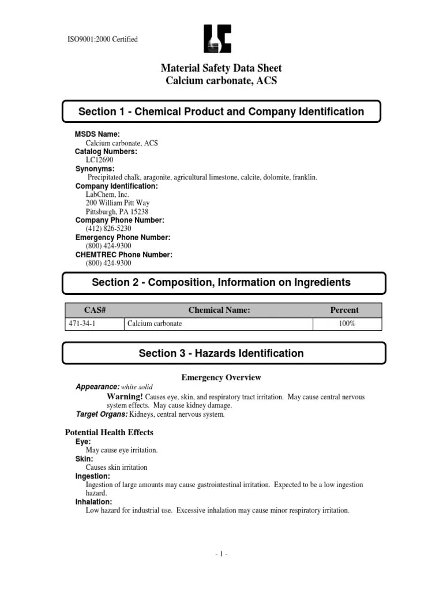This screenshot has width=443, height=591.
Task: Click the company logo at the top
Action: pyautogui.click(x=217, y=39)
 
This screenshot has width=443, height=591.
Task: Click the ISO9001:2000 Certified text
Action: pyautogui.click(x=103, y=39)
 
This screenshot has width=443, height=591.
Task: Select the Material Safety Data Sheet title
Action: pyautogui.click(x=221, y=68)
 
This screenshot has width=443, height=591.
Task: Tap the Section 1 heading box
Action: pyautogui.click(x=221, y=111)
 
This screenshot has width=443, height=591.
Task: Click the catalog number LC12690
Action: pyautogui.click(x=100, y=160)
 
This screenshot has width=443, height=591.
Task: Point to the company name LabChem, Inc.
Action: pyautogui.click(x=107, y=194)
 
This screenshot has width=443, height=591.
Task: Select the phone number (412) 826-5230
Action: pyautogui.click(x=104, y=229)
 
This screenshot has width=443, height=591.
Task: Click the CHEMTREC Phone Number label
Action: pyautogui.click(x=123, y=255)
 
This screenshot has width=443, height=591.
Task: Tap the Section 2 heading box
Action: pyautogui.click(x=221, y=282)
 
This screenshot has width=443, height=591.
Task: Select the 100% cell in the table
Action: pyautogui.click(x=347, y=324)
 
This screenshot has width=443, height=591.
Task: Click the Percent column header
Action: pyautogui.click(x=344, y=310)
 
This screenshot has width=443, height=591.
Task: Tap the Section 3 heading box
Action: pyautogui.click(x=221, y=353)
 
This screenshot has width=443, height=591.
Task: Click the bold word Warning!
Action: pyautogui.click(x=125, y=397)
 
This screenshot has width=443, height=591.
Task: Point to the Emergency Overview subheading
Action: pyautogui.click(x=221, y=377)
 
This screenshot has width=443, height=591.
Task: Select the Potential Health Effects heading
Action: pyautogui.click(x=109, y=432)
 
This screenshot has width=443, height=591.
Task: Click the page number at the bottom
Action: pyautogui.click(x=221, y=555)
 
